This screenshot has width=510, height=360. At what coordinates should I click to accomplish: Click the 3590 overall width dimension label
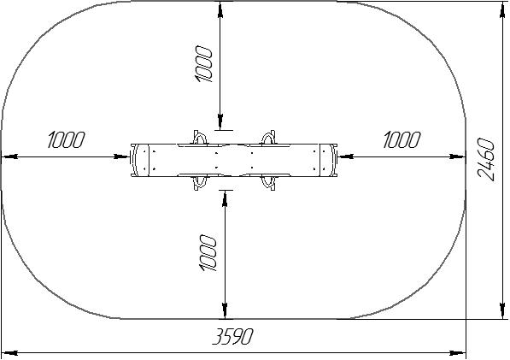(x=232, y=336)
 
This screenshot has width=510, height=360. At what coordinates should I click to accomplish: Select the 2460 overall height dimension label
(x=486, y=160)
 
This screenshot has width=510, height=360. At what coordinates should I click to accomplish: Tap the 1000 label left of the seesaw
(x=66, y=140)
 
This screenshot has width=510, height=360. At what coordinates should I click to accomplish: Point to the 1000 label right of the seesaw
(x=402, y=140)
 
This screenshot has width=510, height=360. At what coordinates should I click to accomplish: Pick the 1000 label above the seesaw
(x=204, y=64)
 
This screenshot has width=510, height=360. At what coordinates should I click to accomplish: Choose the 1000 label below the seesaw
(x=207, y=252)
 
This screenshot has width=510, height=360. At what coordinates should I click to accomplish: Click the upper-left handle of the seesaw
(x=200, y=137)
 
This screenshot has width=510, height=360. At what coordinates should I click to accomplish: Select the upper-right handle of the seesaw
(x=269, y=137)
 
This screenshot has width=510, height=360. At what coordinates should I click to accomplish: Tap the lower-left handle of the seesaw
(x=200, y=183)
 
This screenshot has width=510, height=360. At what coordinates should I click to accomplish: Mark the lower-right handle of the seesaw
(x=269, y=183)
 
